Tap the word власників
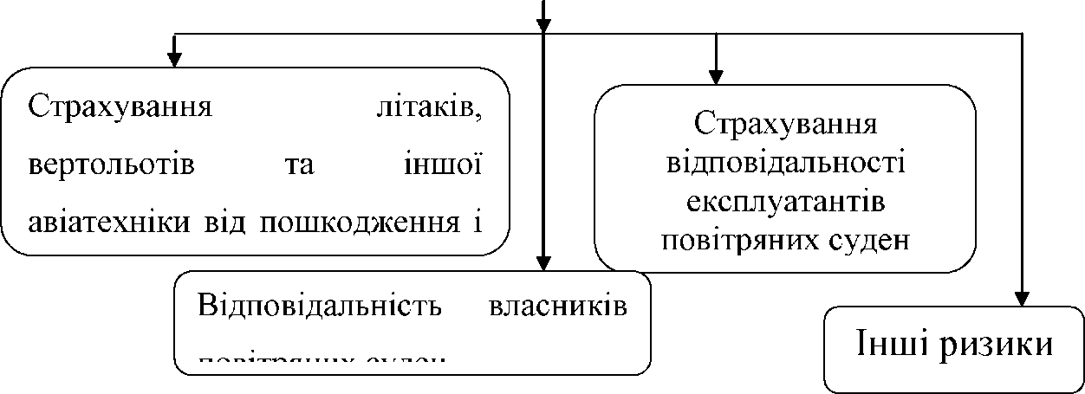click(x=558, y=308)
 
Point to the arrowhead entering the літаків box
click(x=174, y=59)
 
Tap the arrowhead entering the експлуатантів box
click(x=717, y=75)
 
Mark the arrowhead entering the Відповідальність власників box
click(x=543, y=262)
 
